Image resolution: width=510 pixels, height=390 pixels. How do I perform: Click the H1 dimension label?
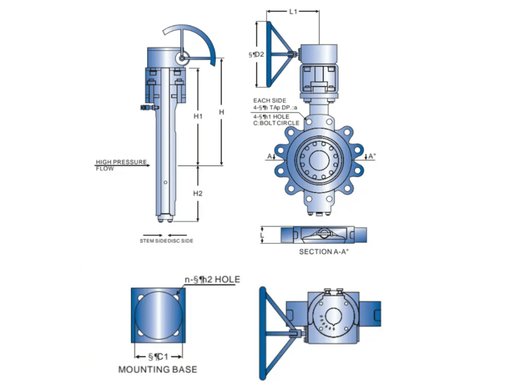tap(198, 116)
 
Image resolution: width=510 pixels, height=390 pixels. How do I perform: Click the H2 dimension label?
tap(198, 193)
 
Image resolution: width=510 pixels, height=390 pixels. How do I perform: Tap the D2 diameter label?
tap(256, 54)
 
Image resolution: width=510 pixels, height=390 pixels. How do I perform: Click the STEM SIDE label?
tap(152, 241)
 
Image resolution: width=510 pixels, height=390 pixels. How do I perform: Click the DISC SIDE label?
tap(180, 241)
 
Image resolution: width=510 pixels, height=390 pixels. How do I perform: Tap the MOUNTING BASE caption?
tap(157, 370)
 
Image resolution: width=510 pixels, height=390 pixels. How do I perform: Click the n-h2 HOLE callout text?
tap(212, 280)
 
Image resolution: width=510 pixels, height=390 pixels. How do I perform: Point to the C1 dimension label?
tap(158, 357)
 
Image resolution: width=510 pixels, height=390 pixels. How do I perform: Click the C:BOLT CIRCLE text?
tap(276, 123)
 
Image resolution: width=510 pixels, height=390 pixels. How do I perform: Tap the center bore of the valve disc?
tap(319, 159)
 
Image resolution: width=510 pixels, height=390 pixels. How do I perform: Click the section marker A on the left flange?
tap(269, 156)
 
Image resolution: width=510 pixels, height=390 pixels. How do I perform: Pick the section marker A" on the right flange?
tap(371, 156)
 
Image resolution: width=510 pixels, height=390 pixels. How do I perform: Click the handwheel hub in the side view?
tap(182, 58)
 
